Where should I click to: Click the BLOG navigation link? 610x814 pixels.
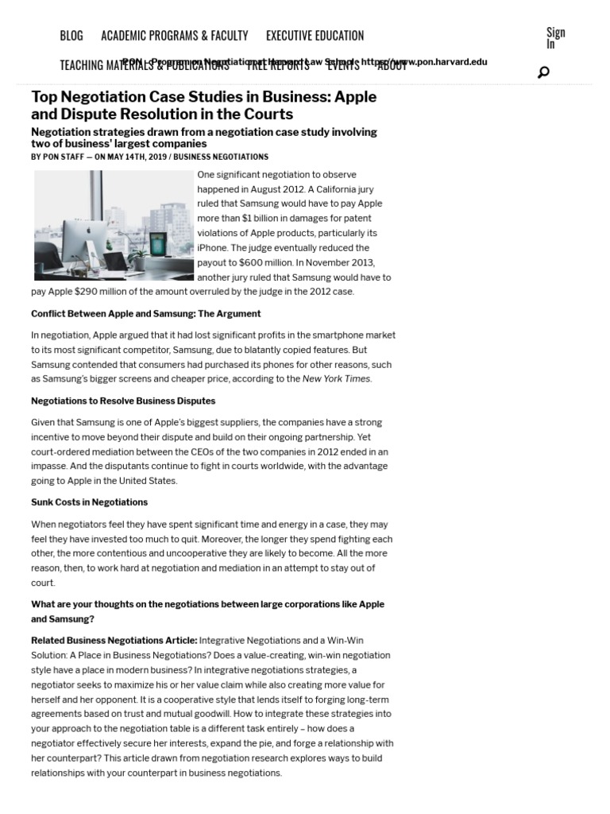tap(71, 36)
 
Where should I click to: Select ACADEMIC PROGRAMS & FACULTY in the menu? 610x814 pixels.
tap(174, 36)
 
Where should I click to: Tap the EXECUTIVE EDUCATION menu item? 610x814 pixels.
tap(315, 36)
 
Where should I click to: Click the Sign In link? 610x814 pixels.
tap(555, 38)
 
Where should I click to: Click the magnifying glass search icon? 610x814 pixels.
tap(543, 72)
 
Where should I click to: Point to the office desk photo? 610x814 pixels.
tap(114, 225)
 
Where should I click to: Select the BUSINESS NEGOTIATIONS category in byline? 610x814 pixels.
tap(221, 157)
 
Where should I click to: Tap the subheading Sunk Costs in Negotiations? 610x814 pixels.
tap(89, 502)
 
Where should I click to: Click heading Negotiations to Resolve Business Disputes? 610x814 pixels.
tap(123, 401)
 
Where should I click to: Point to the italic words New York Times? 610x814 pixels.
tap(336, 379)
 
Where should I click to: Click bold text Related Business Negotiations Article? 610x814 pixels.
tap(114, 641)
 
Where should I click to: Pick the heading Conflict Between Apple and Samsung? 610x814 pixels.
tap(146, 313)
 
